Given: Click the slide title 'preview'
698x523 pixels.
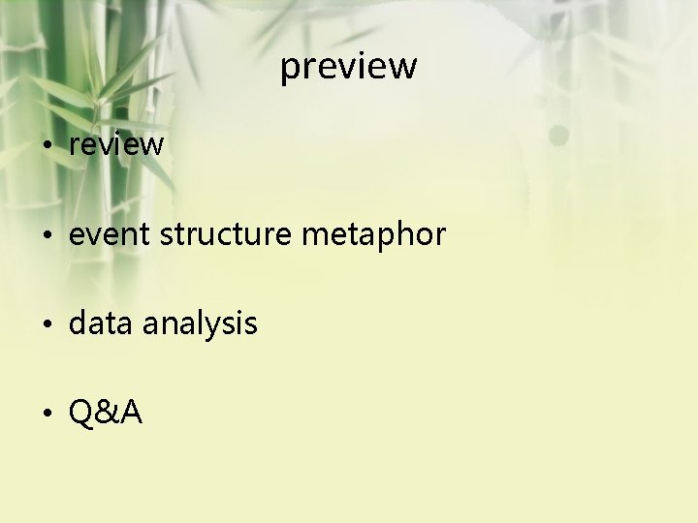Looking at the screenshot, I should pyautogui.click(x=349, y=67).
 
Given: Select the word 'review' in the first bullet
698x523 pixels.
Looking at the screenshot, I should pyautogui.click(x=116, y=145).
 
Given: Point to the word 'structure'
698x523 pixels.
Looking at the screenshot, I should pyautogui.click(x=225, y=234).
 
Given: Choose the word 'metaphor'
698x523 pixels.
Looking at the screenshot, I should pyautogui.click(x=373, y=234).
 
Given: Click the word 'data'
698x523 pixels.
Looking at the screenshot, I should pyautogui.click(x=101, y=323).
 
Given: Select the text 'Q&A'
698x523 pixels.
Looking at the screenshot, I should pyautogui.click(x=106, y=414).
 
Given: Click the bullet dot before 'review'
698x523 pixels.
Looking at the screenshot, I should pyautogui.click(x=47, y=146).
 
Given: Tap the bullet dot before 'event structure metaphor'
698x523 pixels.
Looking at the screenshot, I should pyautogui.click(x=47, y=235).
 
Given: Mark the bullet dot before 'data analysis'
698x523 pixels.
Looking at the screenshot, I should pyautogui.click(x=47, y=324).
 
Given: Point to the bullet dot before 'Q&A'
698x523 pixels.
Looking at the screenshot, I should pyautogui.click(x=47, y=415).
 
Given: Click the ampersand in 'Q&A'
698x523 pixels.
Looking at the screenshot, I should pyautogui.click(x=107, y=414).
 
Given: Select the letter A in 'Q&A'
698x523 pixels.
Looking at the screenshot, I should pyautogui.click(x=130, y=414).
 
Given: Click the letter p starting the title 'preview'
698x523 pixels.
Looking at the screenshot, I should pyautogui.click(x=290, y=69).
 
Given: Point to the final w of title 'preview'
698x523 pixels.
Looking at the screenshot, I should pyautogui.click(x=405, y=67).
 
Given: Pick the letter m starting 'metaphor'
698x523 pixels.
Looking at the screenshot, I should pyautogui.click(x=316, y=235).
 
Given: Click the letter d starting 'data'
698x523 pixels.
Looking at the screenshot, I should pyautogui.click(x=78, y=323).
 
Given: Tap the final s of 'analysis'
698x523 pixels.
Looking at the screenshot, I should pyautogui.click(x=251, y=324).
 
